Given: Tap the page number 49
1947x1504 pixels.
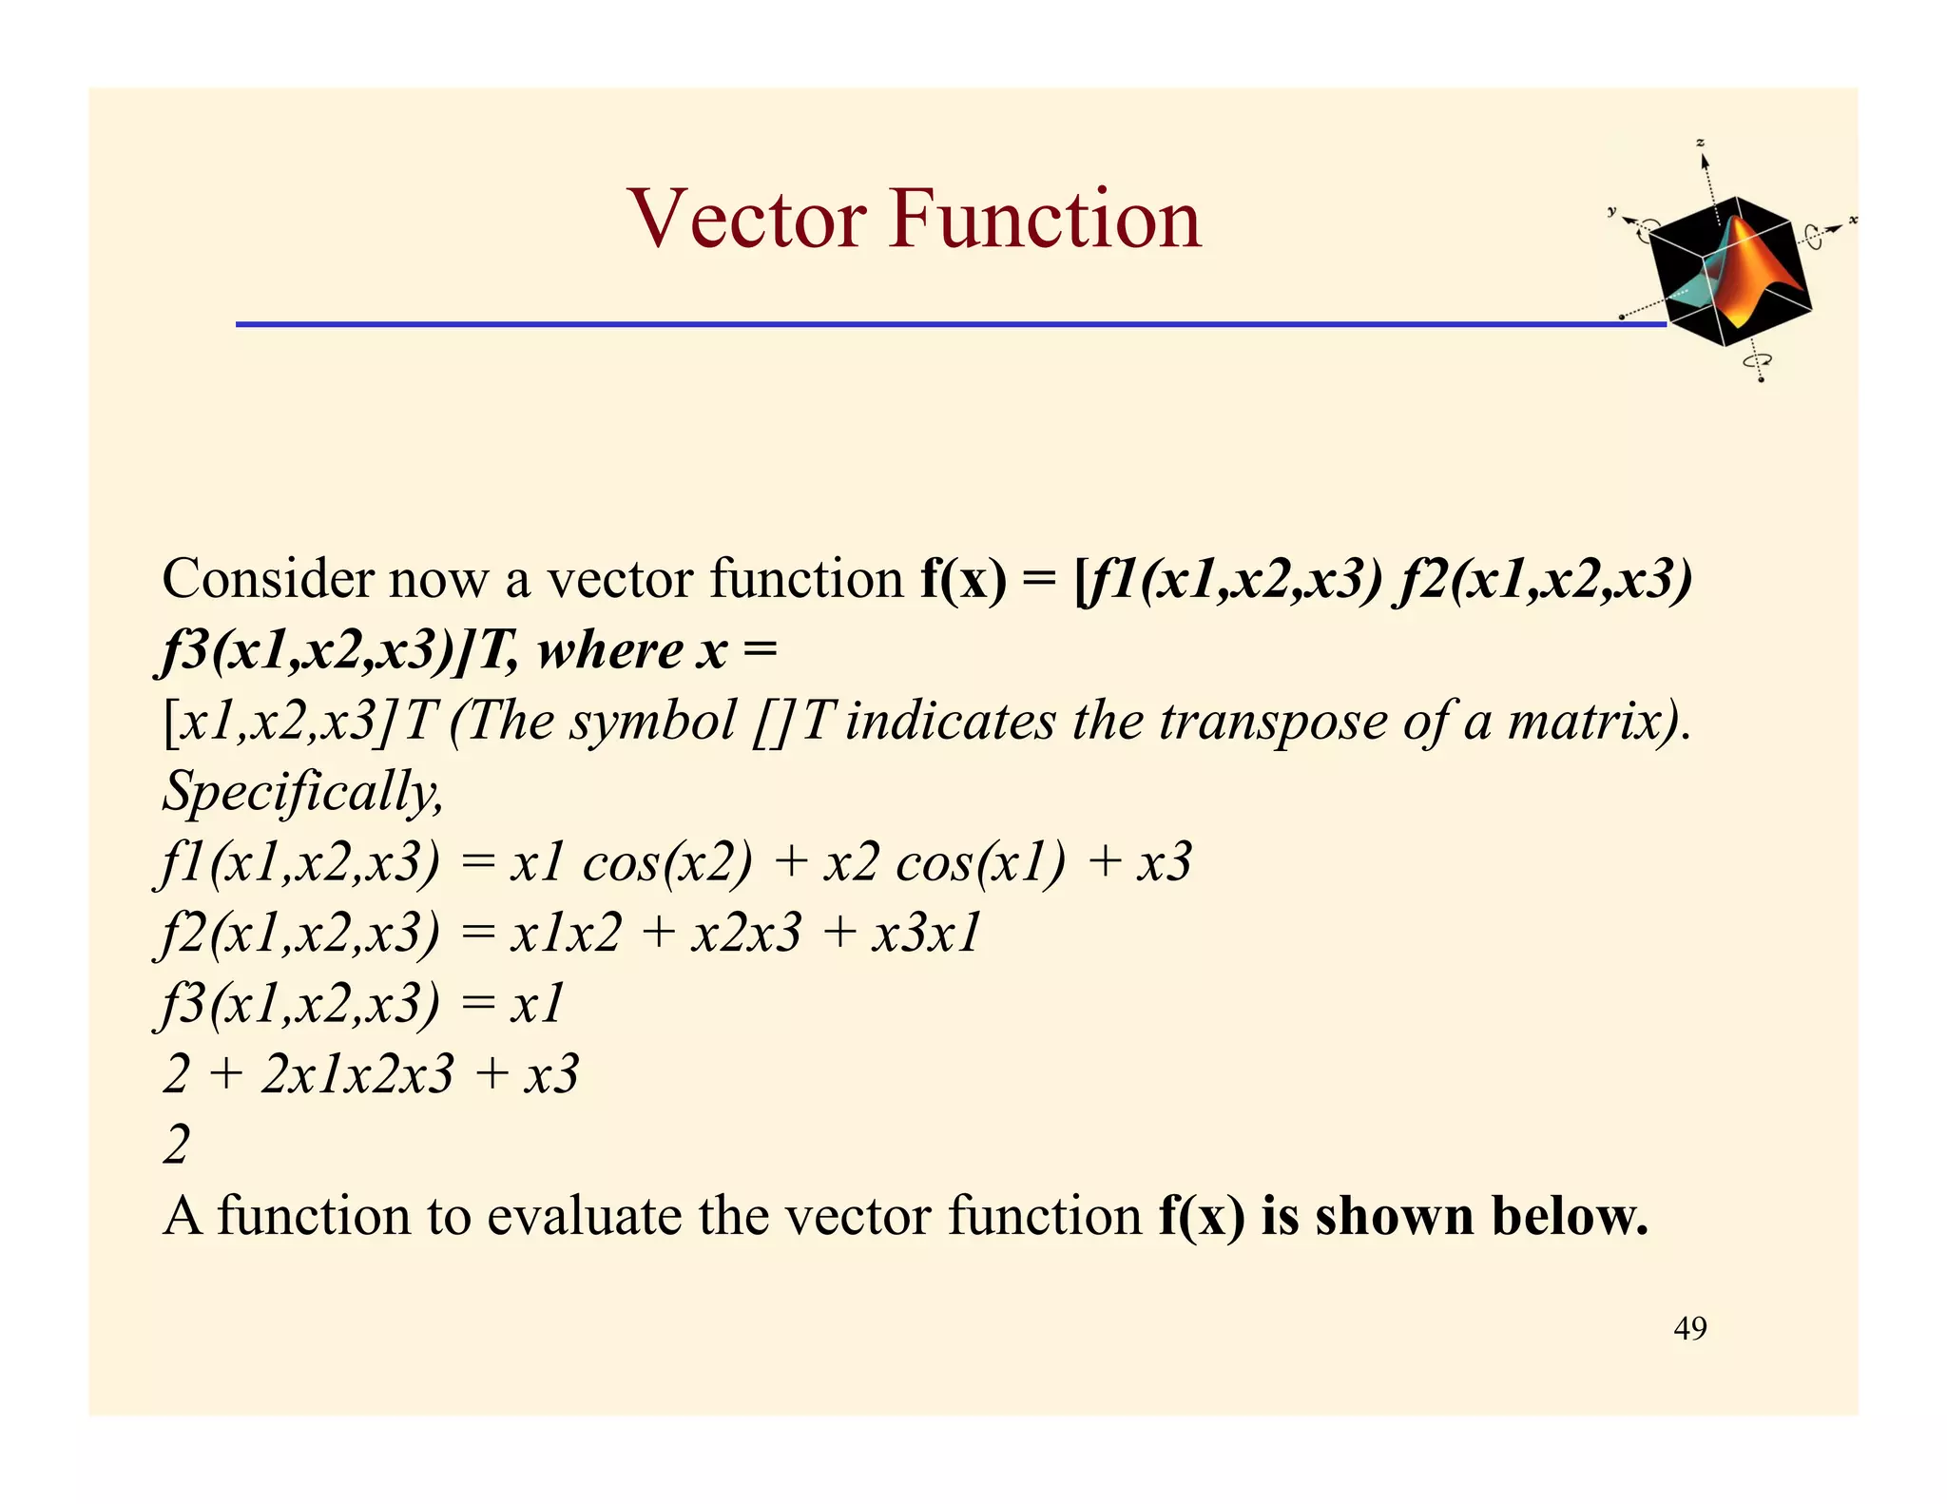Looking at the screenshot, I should (x=1689, y=1328).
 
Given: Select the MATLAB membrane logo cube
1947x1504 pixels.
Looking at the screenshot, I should (x=1730, y=271).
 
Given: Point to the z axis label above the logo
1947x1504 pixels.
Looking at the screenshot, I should (x=1701, y=143).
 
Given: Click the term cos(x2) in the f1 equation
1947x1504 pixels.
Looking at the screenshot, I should (x=666, y=862).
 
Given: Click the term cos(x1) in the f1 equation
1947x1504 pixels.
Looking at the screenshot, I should (x=980, y=862).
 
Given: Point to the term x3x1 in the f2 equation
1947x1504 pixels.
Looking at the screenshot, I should (x=927, y=933).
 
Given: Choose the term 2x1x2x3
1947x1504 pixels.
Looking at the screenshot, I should (x=357, y=1074).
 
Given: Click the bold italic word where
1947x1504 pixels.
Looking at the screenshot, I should (x=609, y=651).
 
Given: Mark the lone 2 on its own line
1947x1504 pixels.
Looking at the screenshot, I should (x=177, y=1145).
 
